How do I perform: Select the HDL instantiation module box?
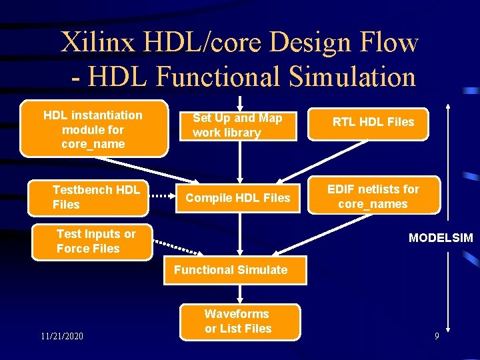pos(93,129)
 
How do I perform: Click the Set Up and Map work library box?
pos(239,126)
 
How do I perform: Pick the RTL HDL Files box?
pos(374,122)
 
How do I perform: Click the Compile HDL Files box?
pos(238,198)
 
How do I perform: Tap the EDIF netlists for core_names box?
pos(373,197)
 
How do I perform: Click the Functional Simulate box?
pos(231,270)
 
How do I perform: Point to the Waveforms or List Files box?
pos(238,321)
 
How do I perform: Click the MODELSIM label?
pos(441,238)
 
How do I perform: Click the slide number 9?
pos(437,337)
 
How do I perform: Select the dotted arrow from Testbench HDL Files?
pos(163,197)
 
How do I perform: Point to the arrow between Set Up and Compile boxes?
pos(239,163)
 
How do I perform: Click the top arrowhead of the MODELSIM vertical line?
pos(449,106)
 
